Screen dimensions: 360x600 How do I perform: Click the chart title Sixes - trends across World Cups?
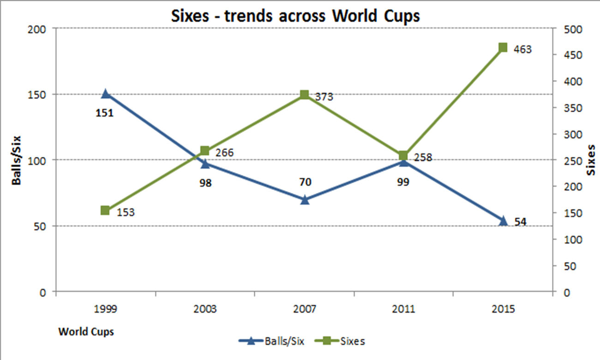click(x=295, y=16)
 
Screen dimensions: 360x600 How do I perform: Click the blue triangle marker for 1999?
click(x=106, y=94)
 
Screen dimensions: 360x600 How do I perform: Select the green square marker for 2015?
click(x=503, y=48)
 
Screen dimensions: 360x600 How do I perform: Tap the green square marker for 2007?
click(x=304, y=95)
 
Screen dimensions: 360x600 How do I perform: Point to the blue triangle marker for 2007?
click(x=304, y=199)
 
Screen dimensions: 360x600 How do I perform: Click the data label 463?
click(x=522, y=49)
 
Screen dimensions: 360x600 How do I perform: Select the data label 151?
click(x=104, y=112)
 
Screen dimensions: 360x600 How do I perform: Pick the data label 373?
click(x=324, y=97)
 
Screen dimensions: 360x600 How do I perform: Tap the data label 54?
click(x=520, y=222)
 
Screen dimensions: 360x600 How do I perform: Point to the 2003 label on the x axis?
click(x=205, y=309)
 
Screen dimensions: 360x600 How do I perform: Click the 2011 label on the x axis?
click(x=403, y=309)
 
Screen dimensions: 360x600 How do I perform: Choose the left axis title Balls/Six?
click(x=17, y=160)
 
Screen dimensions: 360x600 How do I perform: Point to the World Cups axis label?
click(x=86, y=331)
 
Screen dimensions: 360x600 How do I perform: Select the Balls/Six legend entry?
click(x=272, y=342)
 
